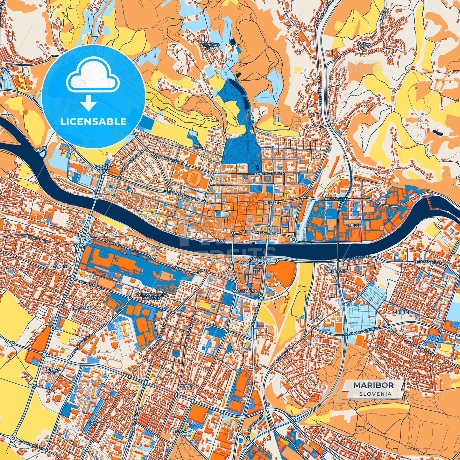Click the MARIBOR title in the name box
373,385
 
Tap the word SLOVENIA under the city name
375,393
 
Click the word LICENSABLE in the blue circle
94,122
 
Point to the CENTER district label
271,202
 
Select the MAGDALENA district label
245,291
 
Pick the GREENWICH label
338,271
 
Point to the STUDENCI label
60,266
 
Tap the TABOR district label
185,386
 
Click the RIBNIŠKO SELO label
210,46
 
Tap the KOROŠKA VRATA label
102,168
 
